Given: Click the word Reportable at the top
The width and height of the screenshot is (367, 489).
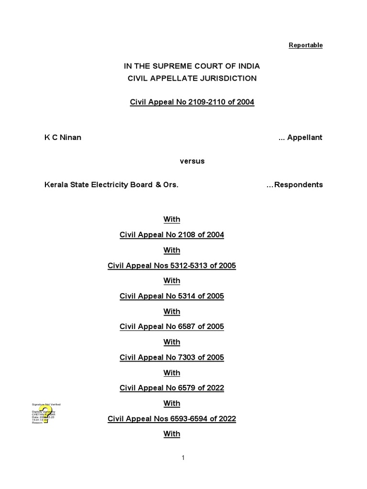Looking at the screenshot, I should (x=305, y=45).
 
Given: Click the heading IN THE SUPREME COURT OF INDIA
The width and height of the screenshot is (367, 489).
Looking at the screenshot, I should (x=192, y=66).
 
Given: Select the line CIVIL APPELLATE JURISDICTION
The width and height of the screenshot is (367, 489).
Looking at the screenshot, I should (x=192, y=78).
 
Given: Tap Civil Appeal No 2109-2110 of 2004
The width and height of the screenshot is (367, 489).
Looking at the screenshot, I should (x=192, y=102).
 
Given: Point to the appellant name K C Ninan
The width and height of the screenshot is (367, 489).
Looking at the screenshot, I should (x=63, y=138).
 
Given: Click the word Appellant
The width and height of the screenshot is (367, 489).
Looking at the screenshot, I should (x=307, y=138).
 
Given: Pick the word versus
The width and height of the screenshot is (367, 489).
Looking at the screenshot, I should (x=192, y=161).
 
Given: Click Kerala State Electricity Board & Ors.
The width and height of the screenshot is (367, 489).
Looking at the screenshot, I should (x=111, y=185).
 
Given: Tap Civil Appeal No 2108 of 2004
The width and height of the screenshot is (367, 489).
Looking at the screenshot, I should (x=172, y=235).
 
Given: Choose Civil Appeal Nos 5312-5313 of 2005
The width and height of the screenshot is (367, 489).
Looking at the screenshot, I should (x=172, y=266).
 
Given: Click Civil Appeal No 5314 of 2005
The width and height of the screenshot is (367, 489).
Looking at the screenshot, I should (x=172, y=296).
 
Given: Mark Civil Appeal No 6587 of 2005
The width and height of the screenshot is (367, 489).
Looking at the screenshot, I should (x=172, y=327).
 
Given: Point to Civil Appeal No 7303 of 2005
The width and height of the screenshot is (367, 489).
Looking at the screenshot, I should (x=172, y=357).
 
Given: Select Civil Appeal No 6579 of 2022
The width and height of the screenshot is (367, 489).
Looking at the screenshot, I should (x=172, y=388).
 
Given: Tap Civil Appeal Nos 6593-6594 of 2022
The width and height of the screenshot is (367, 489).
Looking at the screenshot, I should (x=172, y=419).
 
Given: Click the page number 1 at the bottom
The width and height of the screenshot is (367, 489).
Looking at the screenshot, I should (x=183, y=458).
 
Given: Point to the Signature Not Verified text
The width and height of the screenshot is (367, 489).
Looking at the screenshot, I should (x=46, y=404).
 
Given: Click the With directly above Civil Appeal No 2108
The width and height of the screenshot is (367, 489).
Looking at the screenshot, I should (x=172, y=220).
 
